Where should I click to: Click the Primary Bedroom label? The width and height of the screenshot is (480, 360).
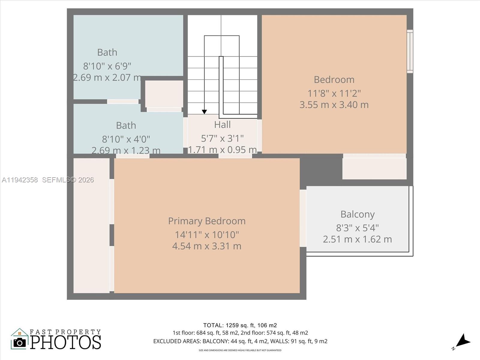tap(207, 221)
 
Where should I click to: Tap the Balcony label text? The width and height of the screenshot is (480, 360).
tap(357, 214)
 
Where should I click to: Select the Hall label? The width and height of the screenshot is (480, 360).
tap(222, 124)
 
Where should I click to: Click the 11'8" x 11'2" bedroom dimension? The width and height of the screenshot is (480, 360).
tap(334, 93)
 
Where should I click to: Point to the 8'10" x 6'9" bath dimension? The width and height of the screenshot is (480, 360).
tap(107, 66)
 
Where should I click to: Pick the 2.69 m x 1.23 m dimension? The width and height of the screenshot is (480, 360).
tap(126, 150)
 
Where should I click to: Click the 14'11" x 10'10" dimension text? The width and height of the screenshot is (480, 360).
tap(207, 235)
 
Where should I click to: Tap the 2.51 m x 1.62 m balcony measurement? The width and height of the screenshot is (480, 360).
tap(357, 239)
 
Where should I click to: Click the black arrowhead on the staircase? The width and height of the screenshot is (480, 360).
tap(204, 112)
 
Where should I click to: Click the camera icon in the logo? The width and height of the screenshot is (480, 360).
tap(20, 342)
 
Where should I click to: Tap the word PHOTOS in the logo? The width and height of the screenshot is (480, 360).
tap(65, 342)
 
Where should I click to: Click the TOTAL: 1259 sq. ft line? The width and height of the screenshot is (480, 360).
tap(240, 325)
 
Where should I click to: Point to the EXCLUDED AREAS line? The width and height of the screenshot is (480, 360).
tap(240, 341)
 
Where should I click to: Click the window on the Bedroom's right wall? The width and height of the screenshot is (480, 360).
tap(410, 51)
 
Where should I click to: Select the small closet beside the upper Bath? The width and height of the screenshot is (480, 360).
tap(164, 94)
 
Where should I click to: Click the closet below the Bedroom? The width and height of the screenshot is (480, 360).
tap(374, 168)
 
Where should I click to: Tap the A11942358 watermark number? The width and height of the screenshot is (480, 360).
tap(20, 180)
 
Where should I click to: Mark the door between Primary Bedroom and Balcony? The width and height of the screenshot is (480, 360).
tap(303, 218)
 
